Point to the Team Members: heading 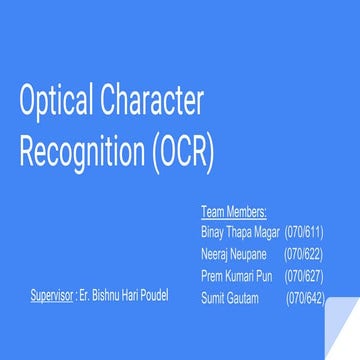pyautogui.click(x=233, y=212)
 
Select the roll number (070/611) pyautogui.click(x=304, y=231)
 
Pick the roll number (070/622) pyautogui.click(x=304, y=253)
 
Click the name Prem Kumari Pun pyautogui.click(x=235, y=275)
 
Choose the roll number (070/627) pyautogui.click(x=304, y=275)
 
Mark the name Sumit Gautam pyautogui.click(x=228, y=297)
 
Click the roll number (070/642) pyautogui.click(x=304, y=297)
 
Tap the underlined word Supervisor pyautogui.click(x=52, y=297)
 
